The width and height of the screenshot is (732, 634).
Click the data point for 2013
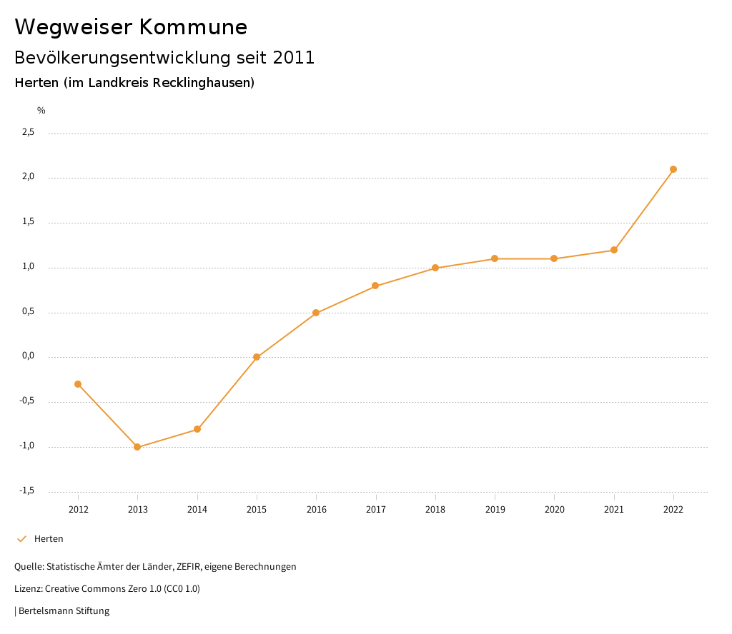pos(137,447)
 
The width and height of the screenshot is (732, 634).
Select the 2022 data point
pos(673,169)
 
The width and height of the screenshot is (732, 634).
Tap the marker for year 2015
pos(257,357)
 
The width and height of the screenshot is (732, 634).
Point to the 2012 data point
pos(78,384)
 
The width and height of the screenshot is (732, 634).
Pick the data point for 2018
pos(435,268)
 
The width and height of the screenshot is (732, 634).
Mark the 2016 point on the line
pos(316,313)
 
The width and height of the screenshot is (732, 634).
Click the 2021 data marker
pos(614,250)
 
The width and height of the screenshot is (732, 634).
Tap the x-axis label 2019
pos(495,509)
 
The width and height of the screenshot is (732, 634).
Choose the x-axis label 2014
pos(197,509)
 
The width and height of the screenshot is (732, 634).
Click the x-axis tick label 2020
pos(555,509)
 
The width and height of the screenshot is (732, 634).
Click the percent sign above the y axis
pos(41,110)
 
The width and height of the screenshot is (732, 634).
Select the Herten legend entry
pos(49,538)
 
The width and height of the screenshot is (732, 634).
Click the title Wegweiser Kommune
pos(131,27)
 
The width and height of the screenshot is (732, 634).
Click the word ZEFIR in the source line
pos(189,567)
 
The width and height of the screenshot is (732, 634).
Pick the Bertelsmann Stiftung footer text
pos(64,611)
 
